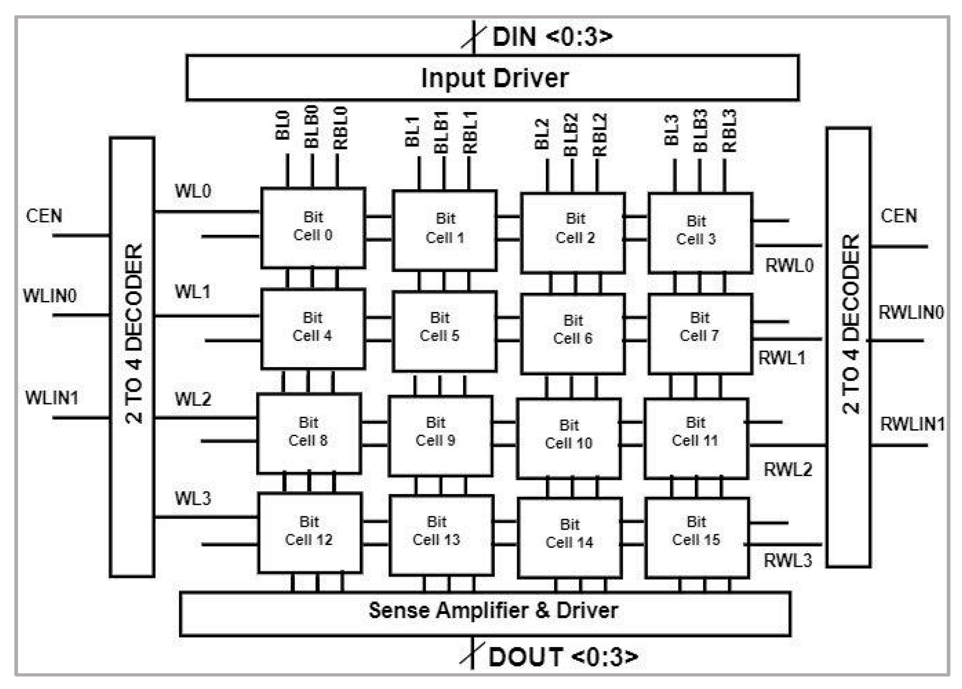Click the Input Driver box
[x=493, y=78]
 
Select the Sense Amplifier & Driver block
[x=485, y=613]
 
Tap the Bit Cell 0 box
[x=313, y=227]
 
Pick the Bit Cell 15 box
[x=696, y=537]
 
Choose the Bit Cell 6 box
[x=573, y=333]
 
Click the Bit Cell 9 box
[x=440, y=435]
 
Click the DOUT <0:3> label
[x=563, y=657]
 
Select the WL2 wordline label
[x=193, y=399]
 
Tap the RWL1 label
[x=781, y=358]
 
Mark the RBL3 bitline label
[x=729, y=131]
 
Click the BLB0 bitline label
[x=312, y=126]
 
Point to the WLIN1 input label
[x=51, y=398]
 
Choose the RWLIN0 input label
[x=911, y=313]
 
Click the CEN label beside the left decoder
[x=44, y=216]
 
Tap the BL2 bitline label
[x=542, y=134]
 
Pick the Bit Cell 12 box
[x=310, y=532]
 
